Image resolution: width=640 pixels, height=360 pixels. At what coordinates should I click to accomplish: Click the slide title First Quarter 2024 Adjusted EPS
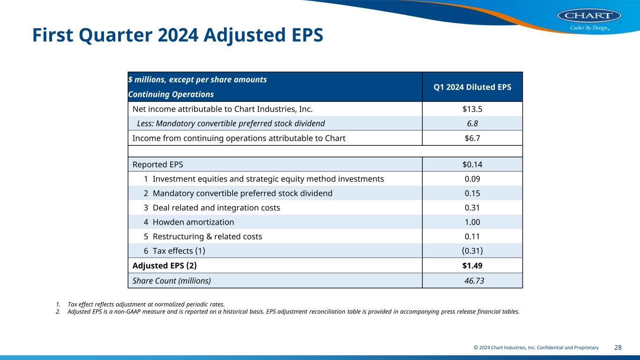point(178,35)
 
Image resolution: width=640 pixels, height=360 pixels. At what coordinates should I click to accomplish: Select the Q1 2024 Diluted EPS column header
point(472,87)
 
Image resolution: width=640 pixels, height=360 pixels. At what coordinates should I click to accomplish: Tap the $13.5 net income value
point(472,109)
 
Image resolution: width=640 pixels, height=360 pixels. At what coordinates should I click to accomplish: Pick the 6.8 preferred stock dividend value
point(472,123)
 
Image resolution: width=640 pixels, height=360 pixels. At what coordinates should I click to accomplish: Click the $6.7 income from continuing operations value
point(472,138)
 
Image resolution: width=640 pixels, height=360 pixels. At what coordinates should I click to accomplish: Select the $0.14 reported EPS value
point(472,165)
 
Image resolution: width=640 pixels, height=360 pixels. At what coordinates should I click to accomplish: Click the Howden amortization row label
point(193,222)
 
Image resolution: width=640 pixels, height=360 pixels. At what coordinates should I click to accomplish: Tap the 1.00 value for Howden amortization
point(472,222)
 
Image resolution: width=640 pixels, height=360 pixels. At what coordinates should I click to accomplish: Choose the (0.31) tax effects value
point(472,251)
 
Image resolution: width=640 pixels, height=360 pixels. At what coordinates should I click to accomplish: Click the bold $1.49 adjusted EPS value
point(472,265)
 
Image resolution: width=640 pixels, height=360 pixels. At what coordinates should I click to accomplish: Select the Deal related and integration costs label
point(216,208)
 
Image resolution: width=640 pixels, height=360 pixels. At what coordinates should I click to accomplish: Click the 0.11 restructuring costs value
point(472,236)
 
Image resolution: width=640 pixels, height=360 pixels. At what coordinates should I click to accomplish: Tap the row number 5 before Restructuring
point(146,236)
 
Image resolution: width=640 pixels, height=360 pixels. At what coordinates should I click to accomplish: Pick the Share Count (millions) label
point(172,281)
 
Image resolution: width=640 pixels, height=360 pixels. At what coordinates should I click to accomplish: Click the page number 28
point(617,347)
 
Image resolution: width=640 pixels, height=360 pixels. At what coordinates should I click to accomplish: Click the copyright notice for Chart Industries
point(536,347)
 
